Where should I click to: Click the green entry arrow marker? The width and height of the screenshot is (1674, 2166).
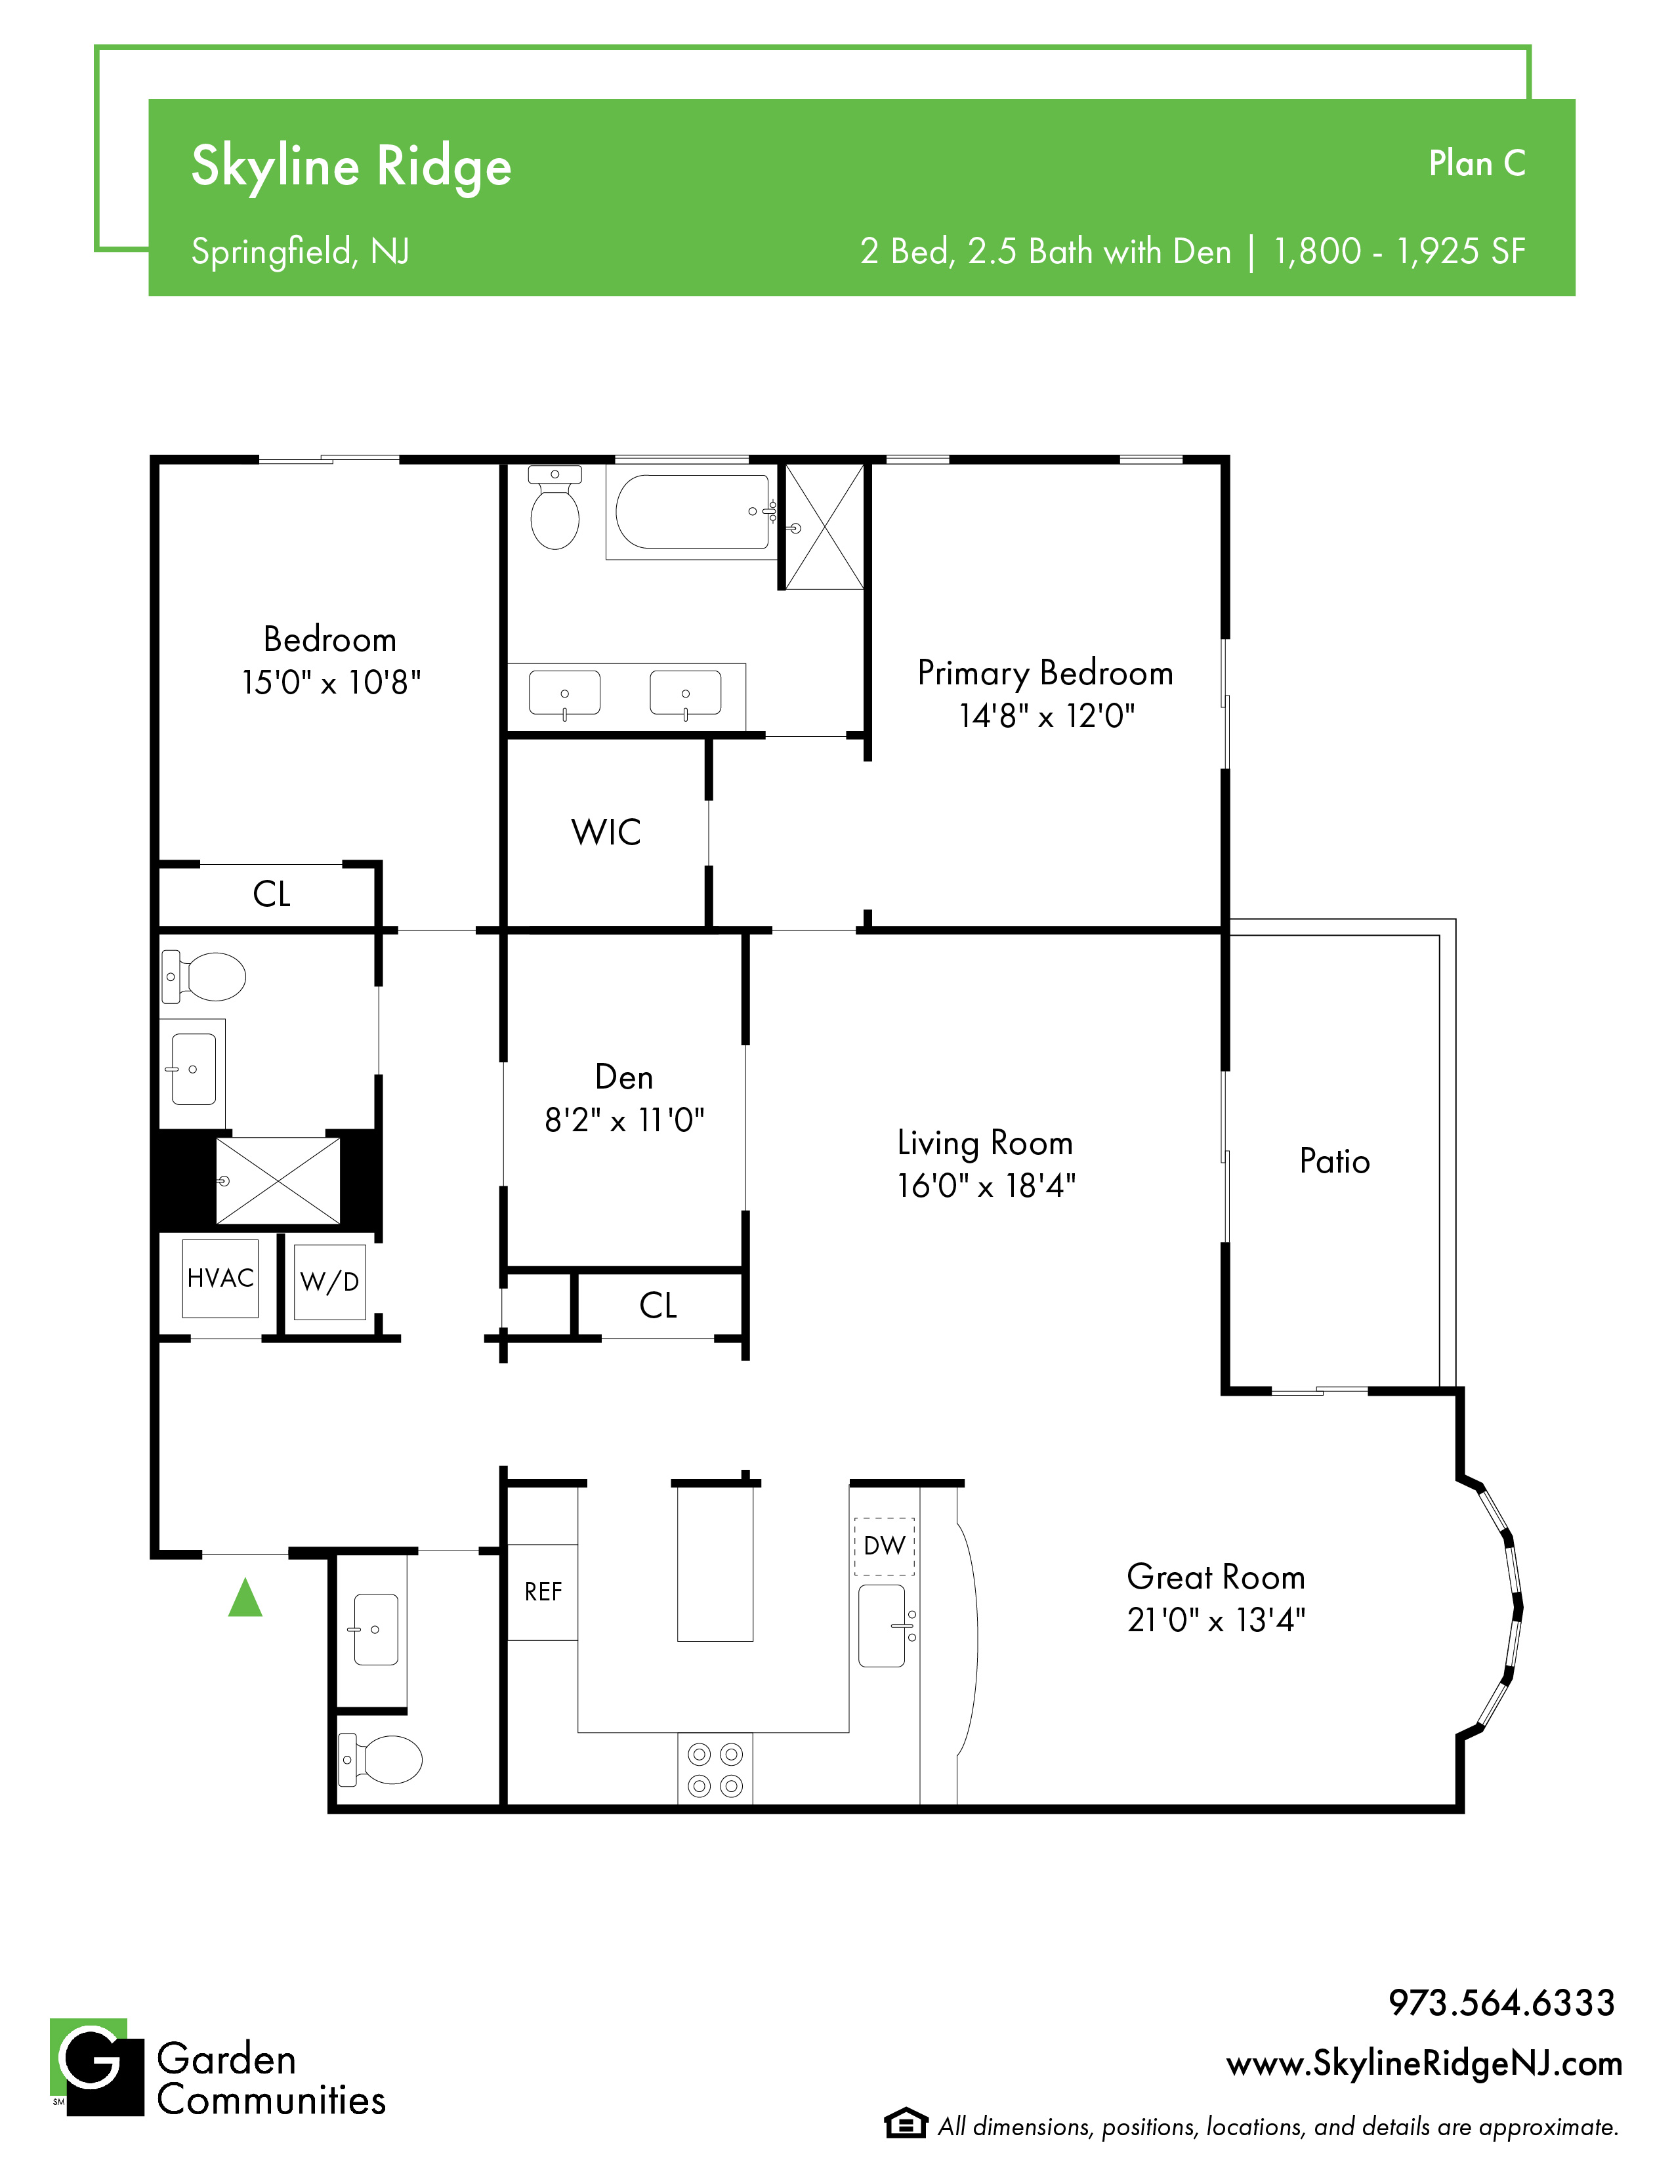245,1598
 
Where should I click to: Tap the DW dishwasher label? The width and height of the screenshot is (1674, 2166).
884,1545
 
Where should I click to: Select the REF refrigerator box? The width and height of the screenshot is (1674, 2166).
543,1592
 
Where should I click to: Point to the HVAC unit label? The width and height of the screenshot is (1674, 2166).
220,1278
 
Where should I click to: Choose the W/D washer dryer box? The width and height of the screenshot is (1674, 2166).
330,1281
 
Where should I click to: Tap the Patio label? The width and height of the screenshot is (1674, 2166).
1335,1161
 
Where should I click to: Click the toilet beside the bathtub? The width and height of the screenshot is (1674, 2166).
555,508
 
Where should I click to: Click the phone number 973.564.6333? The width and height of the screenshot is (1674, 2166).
1501,2003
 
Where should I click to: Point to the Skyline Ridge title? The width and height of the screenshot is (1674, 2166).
351,167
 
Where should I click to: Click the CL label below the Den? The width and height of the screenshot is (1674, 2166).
658,1305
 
